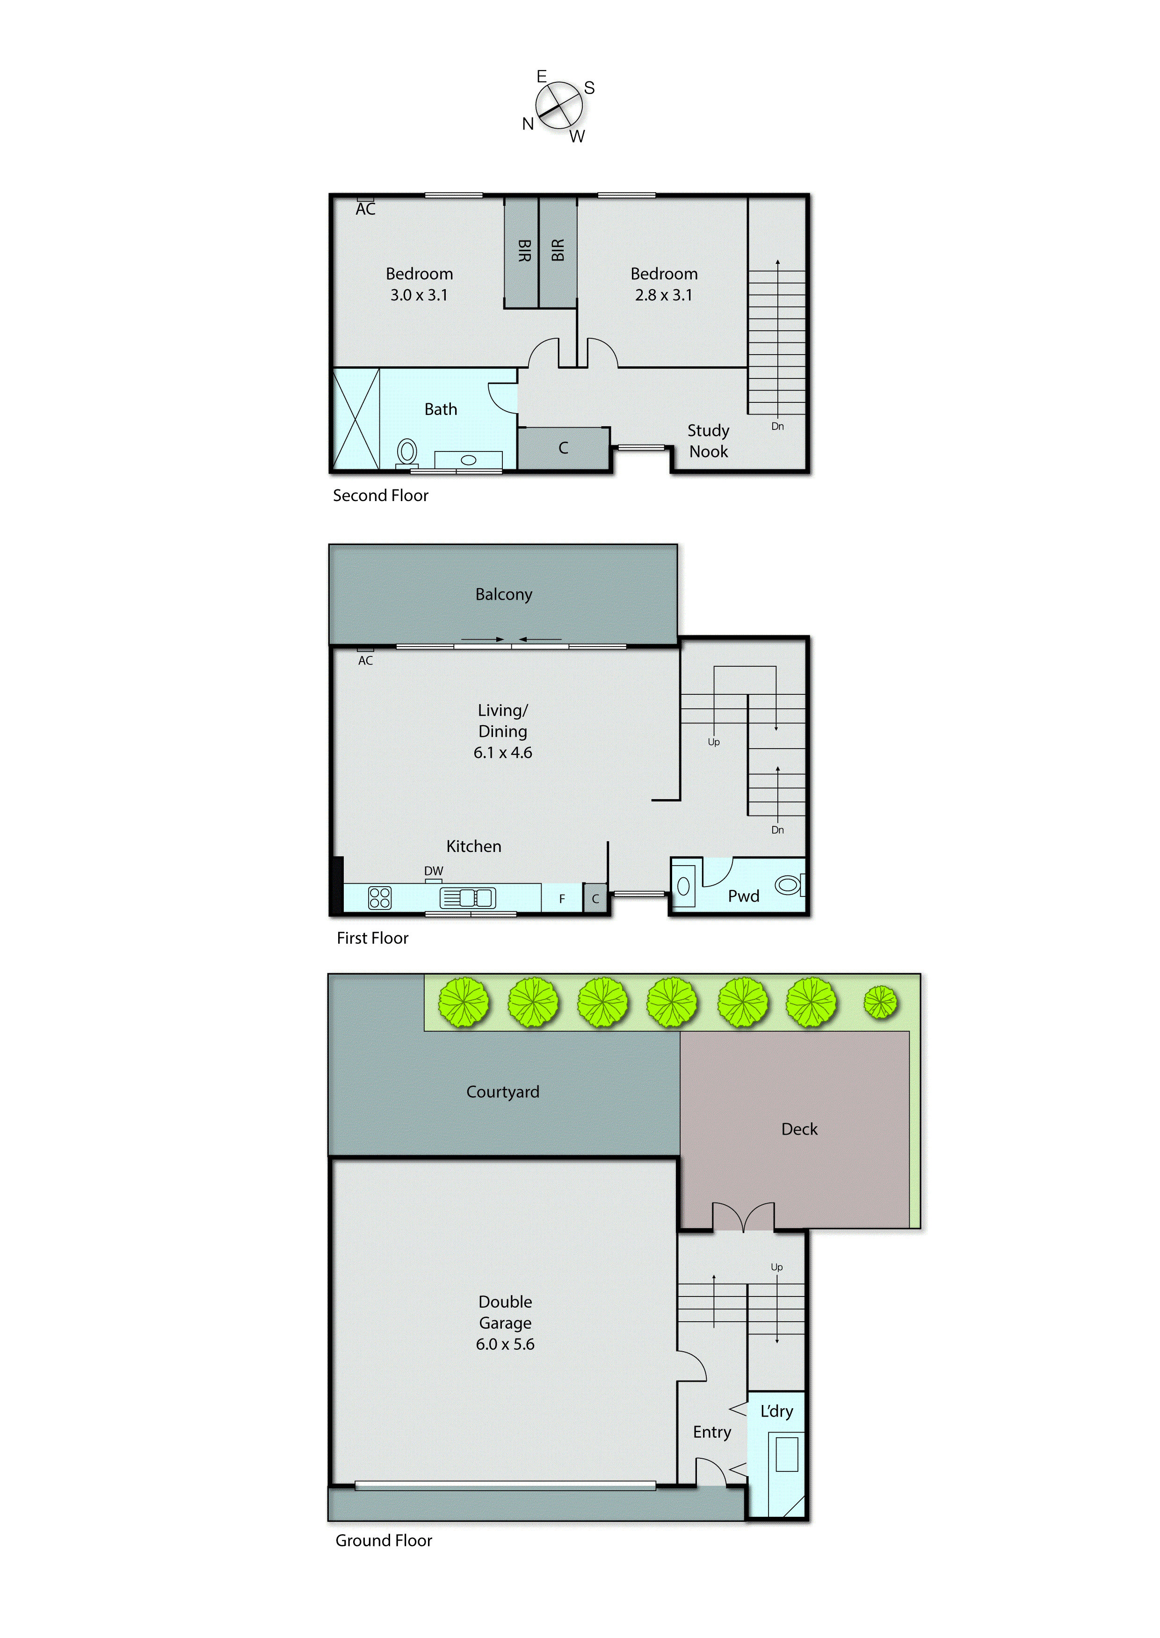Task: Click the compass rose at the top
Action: pos(559,106)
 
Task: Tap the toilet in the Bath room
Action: pos(407,452)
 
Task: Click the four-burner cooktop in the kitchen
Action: pos(379,898)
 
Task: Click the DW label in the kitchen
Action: pos(434,871)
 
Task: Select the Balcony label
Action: pos(504,594)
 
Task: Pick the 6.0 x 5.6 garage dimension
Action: pos(505,1344)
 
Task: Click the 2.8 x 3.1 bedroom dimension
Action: pos(664,295)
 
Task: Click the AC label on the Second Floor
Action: pos(366,209)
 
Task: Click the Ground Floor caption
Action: pos(384,1540)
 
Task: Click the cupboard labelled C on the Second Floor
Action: pos(564,448)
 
